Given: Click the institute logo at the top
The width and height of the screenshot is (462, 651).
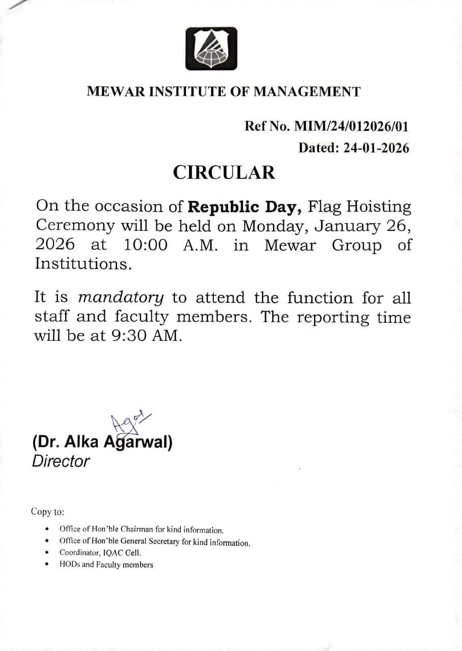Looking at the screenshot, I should pos(211,48).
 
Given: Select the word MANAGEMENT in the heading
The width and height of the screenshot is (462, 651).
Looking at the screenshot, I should pos(307,92).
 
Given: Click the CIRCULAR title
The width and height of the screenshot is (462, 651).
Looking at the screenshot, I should pos(224,172).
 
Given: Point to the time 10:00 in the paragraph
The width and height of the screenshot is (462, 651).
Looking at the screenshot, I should pos(146,245).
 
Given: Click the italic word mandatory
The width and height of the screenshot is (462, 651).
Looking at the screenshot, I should pos(121,298).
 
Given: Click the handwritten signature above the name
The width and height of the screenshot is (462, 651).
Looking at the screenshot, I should pos(127,422).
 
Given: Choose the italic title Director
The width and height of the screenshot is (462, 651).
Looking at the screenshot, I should pos(61,461).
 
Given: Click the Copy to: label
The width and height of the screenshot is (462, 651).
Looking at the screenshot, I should pos(47,512).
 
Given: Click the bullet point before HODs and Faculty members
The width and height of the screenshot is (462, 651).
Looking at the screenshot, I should pos(47,565).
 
